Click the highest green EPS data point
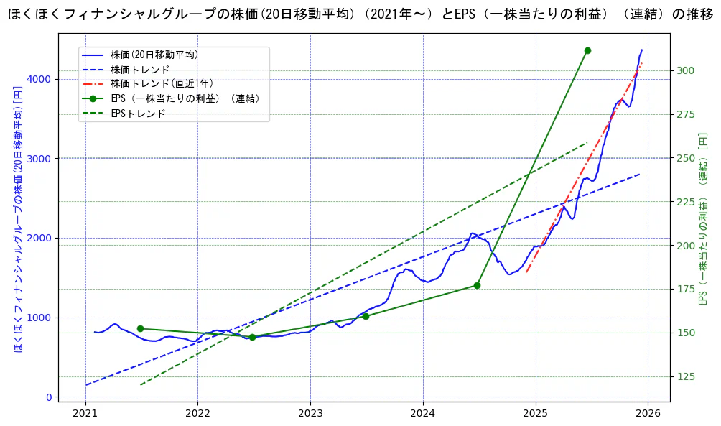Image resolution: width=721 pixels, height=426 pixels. pos(587,50)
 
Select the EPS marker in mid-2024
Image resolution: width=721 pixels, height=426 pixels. pos(477,285)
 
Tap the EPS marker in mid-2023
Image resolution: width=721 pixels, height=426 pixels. pos(366,316)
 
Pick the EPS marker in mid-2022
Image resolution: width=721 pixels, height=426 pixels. pos(252,337)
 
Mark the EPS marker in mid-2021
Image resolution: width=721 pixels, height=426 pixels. pos(140,328)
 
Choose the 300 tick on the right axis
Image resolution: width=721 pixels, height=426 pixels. pos(685,70)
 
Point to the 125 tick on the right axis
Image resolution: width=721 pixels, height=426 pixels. pos(685,376)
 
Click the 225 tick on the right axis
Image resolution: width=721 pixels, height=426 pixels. pos(685,202)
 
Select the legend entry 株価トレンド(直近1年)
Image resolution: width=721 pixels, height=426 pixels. pos(162,84)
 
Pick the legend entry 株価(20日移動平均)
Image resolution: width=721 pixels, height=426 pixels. pos(154,55)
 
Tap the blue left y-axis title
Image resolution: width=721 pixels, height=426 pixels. pos(18,220)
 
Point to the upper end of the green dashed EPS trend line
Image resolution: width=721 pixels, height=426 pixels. pos(587,142)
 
